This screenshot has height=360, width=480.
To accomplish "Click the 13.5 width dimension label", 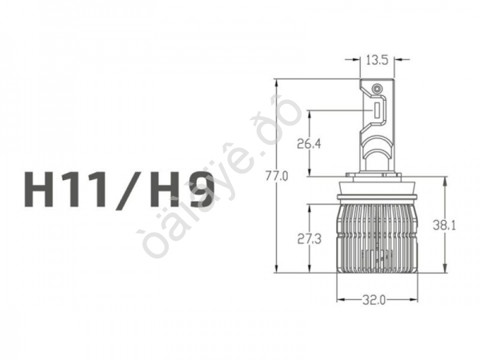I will coord(377,59).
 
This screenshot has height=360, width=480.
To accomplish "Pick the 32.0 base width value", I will coord(374,300).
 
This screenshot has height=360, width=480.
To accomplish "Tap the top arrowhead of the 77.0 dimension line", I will coord(276,82).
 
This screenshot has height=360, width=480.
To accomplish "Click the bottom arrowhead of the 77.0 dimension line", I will coord(276,270).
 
